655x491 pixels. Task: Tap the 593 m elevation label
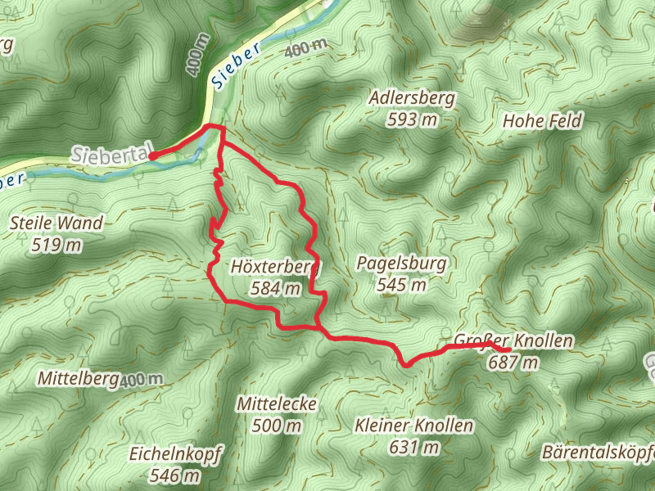(412, 119)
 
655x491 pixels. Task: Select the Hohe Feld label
(542, 121)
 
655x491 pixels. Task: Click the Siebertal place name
(111, 154)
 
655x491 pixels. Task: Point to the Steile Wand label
(56, 223)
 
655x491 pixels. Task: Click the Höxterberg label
(276, 267)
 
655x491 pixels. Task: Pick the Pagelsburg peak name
(402, 264)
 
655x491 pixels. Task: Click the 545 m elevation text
(402, 285)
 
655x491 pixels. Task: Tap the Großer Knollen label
(513, 340)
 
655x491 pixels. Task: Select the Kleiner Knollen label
(414, 426)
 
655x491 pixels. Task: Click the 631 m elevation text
(414, 447)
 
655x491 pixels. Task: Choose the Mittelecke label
(276, 404)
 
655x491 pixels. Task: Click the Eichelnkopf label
(176, 453)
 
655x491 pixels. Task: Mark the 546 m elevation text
(176, 475)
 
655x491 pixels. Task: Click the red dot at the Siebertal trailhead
(152, 156)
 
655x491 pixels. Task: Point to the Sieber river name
(234, 65)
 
